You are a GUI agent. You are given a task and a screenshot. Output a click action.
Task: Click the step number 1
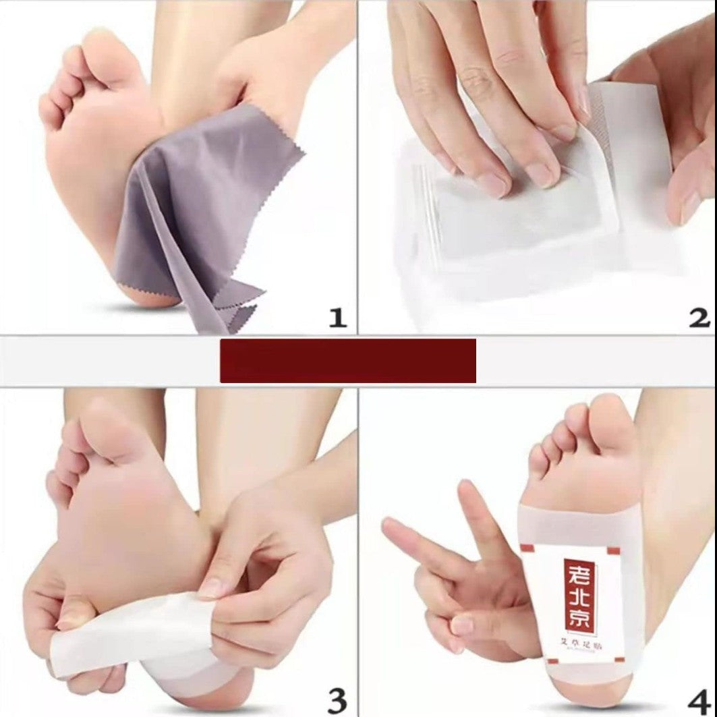(337, 316)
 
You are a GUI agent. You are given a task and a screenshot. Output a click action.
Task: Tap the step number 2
(699, 316)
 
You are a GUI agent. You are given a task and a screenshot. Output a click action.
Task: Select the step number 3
(337, 699)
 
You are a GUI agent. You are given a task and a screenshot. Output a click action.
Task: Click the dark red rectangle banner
(347, 361)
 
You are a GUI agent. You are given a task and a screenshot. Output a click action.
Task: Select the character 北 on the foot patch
(578, 598)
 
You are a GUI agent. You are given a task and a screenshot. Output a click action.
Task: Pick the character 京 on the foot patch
(578, 623)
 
